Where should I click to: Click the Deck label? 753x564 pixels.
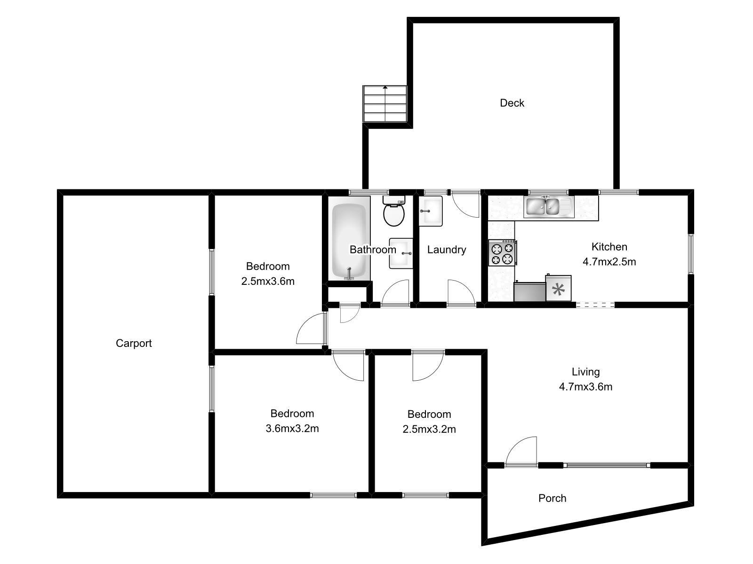click(512, 103)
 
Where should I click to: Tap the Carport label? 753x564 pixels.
click(134, 343)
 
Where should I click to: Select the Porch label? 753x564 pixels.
click(552, 498)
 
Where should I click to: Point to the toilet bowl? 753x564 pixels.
click(394, 215)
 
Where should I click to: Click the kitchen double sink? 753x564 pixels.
click(549, 206)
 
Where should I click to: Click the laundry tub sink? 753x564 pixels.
click(430, 211)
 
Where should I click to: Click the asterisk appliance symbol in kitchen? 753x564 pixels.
click(559, 289)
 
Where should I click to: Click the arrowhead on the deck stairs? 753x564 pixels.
click(385, 87)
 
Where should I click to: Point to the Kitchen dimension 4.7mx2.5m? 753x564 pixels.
click(609, 262)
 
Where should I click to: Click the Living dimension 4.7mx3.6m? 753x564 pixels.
click(585, 387)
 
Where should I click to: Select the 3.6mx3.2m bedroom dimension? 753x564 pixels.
click(292, 429)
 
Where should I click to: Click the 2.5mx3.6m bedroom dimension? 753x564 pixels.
click(268, 282)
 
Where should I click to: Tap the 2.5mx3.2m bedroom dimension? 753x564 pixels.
click(429, 429)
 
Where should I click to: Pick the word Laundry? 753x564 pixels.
click(447, 250)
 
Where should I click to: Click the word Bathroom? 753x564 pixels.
click(373, 250)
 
